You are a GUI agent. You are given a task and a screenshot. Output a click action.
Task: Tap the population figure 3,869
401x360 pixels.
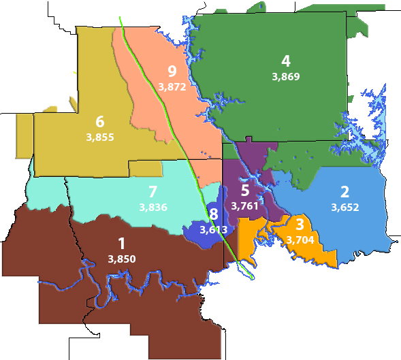coord(285,76)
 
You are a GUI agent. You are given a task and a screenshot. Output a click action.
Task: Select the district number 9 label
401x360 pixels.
coord(172,71)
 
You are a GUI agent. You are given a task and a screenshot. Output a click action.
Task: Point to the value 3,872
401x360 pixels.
coord(172,86)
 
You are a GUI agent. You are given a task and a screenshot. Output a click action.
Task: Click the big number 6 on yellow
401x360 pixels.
coord(99,122)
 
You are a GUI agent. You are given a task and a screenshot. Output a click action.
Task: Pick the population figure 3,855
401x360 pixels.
coord(99,137)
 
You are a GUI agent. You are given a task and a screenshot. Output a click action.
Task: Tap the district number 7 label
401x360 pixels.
coord(153,191)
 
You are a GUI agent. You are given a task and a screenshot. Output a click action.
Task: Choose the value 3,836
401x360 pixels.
coord(153,207)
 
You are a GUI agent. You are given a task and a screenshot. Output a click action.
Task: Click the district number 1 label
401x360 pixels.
coord(121,243)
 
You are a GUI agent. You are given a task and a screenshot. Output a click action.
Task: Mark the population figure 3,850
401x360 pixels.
coord(121,259)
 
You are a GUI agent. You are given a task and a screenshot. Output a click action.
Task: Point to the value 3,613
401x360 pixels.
coord(213,230)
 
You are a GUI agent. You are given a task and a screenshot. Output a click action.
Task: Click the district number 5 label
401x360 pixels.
coord(245,190)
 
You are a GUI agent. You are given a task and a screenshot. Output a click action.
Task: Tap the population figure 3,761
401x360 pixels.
coord(245,206)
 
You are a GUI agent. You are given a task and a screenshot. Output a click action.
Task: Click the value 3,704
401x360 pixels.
coord(300,240)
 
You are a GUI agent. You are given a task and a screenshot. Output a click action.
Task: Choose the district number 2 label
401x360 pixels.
coord(344,191)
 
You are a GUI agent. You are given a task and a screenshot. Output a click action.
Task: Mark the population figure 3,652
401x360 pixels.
coord(344,207)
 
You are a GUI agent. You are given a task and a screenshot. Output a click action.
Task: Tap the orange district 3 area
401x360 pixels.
coord(320,253)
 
